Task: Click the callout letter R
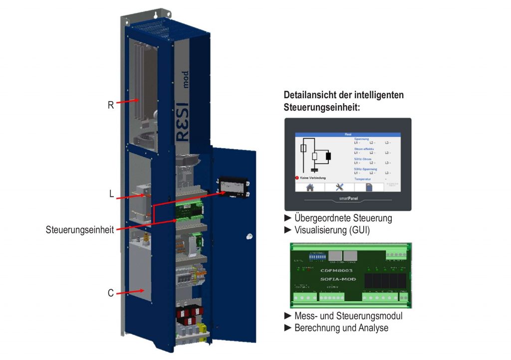click(111, 105)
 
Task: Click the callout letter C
click(111, 293)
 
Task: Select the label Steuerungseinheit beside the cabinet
click(79, 229)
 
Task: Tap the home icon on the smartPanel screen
click(310, 187)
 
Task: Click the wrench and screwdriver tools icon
click(340, 187)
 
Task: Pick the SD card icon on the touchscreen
click(369, 187)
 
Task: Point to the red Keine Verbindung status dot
click(297, 178)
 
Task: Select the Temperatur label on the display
click(362, 179)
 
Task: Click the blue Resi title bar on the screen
click(348, 135)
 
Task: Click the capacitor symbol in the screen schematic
click(313, 171)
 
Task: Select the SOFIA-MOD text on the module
click(338, 279)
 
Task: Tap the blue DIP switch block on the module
click(317, 257)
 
